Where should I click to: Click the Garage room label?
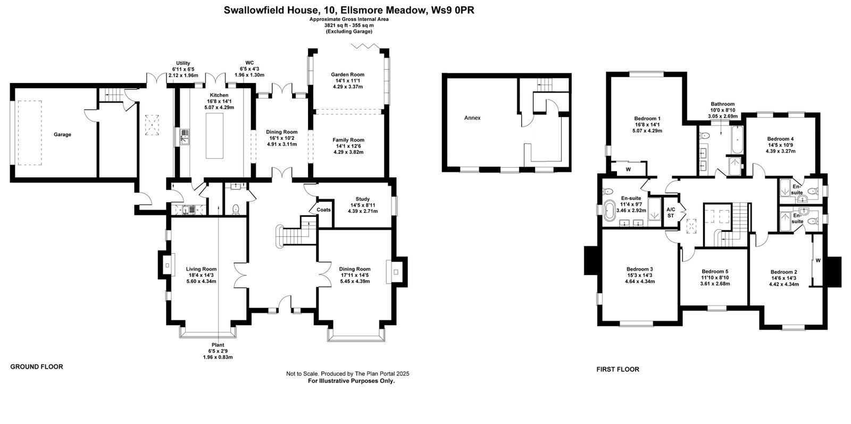tap(62, 135)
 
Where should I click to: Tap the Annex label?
tap(472, 118)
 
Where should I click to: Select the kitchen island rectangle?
tap(215, 136)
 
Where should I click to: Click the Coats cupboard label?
tap(324, 210)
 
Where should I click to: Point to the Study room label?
tap(362, 199)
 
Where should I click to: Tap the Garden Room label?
tap(347, 74)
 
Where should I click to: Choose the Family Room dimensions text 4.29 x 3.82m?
tap(348, 152)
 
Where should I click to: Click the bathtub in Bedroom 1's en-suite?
tap(610, 211)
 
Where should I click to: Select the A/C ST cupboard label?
tap(671, 213)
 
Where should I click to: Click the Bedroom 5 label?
tap(715, 271)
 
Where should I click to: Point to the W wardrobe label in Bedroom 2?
tap(818, 260)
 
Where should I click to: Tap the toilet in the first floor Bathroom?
tap(705, 135)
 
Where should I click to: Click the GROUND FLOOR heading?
tap(37, 367)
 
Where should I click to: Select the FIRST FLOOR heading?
tap(618, 369)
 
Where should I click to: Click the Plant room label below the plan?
tap(218, 345)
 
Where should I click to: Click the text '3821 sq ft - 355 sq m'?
tap(349, 26)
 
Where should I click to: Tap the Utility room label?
tap(183, 63)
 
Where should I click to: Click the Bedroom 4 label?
tap(780, 139)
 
